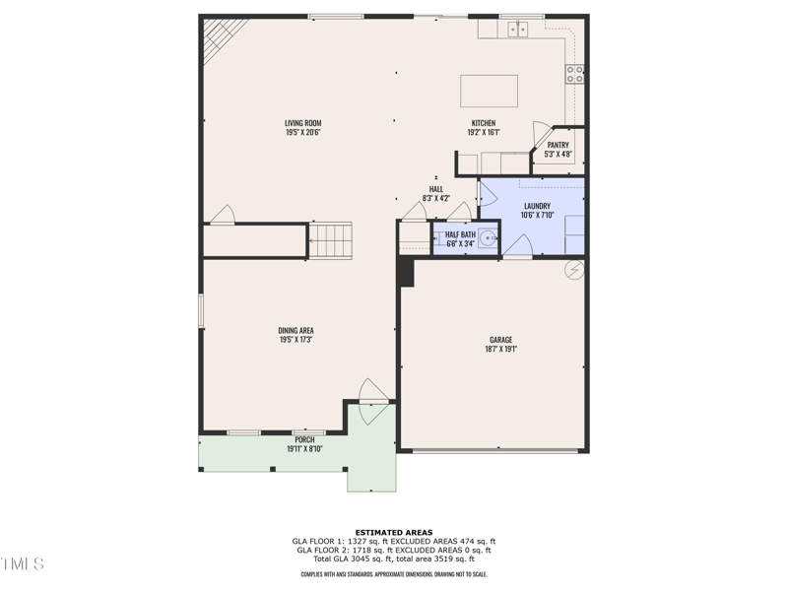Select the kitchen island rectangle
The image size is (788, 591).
pyautogui.click(x=489, y=91)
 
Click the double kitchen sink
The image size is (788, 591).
pyautogui.click(x=517, y=30)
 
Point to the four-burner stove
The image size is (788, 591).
pyautogui.click(x=574, y=74)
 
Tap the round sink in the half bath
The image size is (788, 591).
pyautogui.click(x=487, y=238)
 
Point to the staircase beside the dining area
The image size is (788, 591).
pyautogui.click(x=330, y=240)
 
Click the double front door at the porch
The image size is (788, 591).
pyautogui.click(x=372, y=402)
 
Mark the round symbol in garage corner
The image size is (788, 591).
pyautogui.click(x=572, y=269)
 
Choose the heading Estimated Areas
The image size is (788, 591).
pyautogui.click(x=394, y=533)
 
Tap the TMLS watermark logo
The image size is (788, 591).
pyautogui.click(x=23, y=564)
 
